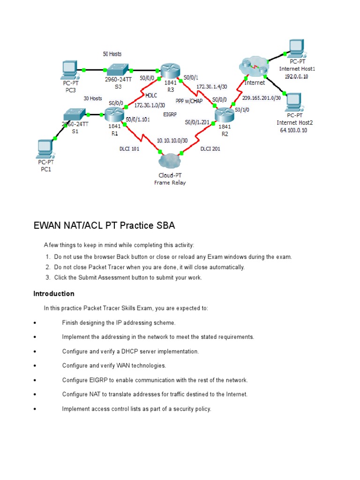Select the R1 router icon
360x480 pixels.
coord(113,113)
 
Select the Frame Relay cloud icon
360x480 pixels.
coord(170,162)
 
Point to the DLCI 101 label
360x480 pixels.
coord(130,149)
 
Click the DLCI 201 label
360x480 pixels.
coord(210,149)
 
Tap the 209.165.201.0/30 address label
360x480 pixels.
coord(262,98)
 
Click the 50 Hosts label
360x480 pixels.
coord(112,54)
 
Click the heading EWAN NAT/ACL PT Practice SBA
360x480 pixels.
coord(104,225)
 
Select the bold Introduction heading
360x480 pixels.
coord(53,294)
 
